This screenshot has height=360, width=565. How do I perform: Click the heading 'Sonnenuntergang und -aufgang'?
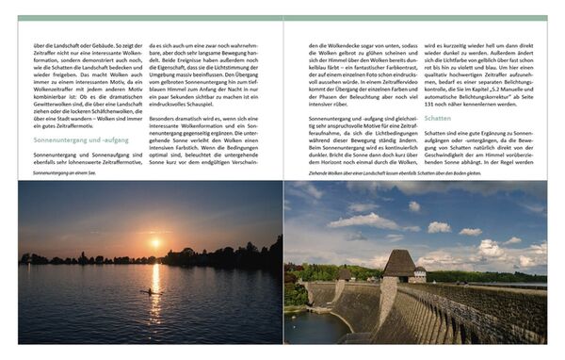(82, 139)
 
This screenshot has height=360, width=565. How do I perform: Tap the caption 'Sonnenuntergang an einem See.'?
(64, 172)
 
